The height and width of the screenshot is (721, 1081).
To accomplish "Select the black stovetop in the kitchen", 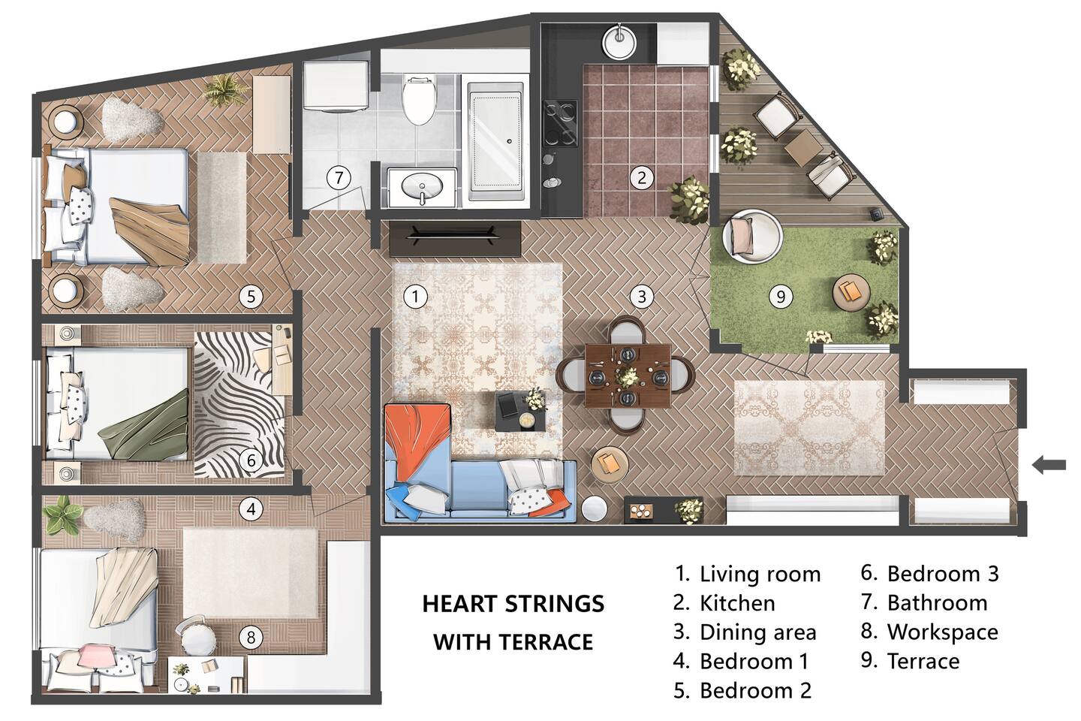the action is point(560,124).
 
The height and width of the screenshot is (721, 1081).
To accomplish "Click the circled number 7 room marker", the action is point(339,178).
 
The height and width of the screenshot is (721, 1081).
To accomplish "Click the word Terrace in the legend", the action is point(923,661).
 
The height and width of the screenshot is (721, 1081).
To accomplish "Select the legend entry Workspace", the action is point(943,632).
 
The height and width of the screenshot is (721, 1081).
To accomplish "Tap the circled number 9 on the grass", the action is point(781,296).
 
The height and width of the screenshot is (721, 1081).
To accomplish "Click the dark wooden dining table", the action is point(628,376).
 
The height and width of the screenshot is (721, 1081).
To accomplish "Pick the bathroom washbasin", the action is point(422,187).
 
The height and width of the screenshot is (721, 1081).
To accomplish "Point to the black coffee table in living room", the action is point(521,411).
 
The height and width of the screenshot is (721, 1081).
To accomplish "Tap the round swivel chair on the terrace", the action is point(751,236).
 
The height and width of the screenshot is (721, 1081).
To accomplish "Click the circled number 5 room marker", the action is point(251,296).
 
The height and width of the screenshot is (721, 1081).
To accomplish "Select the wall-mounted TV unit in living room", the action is point(455,239).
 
